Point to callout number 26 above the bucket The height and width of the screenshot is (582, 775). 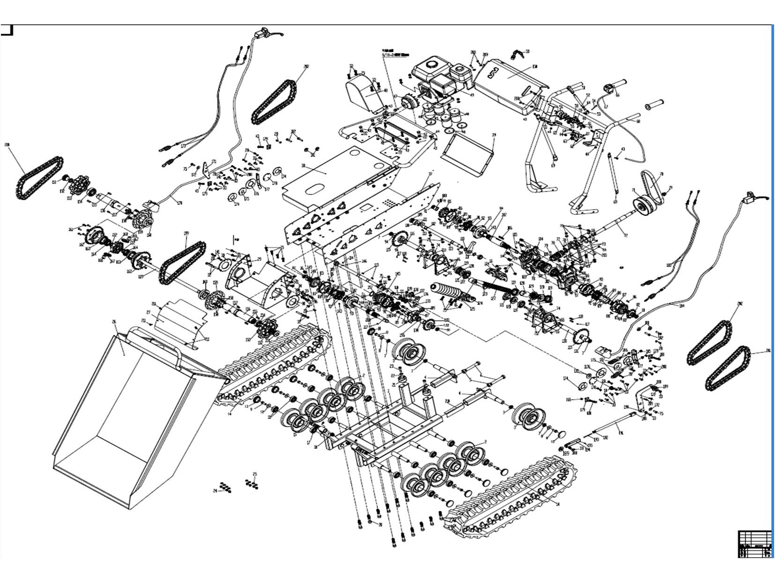point(114,322)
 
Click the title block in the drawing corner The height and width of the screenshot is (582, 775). point(755,544)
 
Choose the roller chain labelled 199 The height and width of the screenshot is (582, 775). point(183,261)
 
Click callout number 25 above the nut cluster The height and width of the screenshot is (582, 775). point(255,474)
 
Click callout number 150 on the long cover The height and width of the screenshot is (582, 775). point(534,67)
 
